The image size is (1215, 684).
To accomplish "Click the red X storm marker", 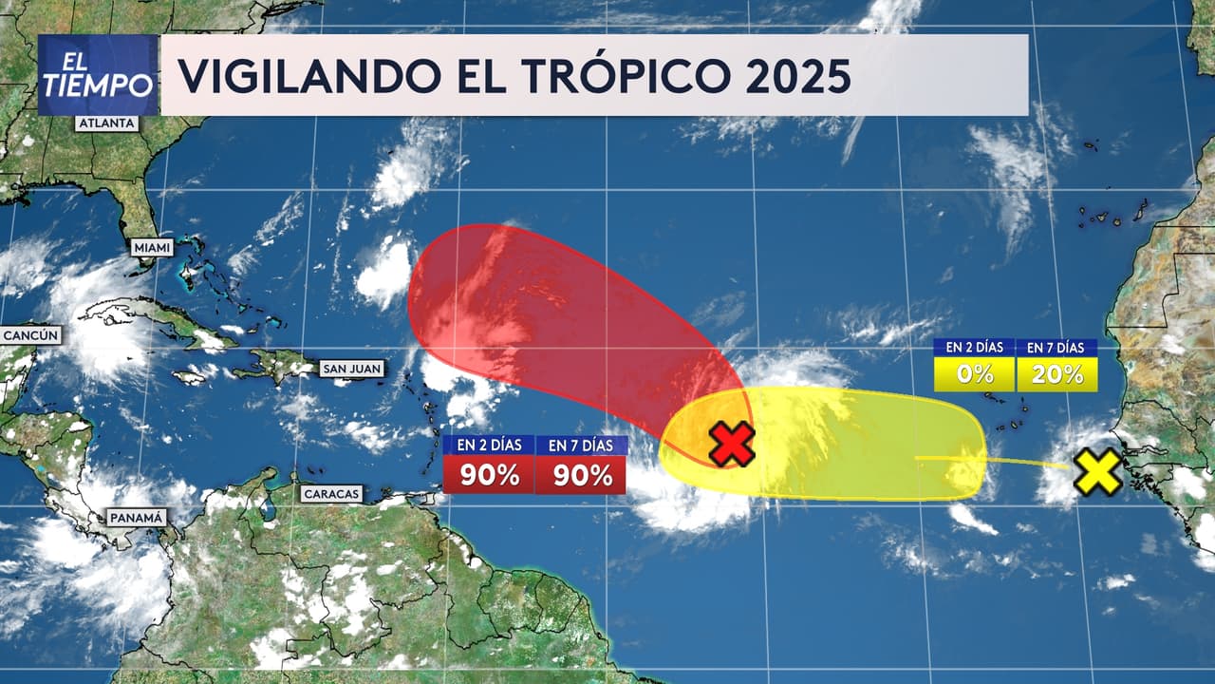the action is [732, 444].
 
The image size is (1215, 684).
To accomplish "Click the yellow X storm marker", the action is [1098, 472].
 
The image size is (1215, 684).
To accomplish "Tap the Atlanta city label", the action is [107, 123].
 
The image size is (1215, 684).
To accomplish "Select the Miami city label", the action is [153, 248].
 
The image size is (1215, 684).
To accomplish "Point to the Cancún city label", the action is [31, 334].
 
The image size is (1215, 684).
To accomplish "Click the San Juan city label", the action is [351, 368].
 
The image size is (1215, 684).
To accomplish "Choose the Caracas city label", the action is [332, 493].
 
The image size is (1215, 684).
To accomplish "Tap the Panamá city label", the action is [136, 518].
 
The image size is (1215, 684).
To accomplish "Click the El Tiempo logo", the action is [98, 75].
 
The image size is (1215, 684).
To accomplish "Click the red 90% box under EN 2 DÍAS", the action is [489, 475].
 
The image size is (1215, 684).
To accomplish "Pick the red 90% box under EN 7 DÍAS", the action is [581, 475].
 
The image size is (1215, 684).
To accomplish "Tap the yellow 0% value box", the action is [974, 374].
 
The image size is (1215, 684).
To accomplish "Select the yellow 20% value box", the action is [1057, 374].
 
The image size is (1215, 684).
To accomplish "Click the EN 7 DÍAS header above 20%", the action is [1057, 348].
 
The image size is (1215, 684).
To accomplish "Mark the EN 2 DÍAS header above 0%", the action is [974, 348].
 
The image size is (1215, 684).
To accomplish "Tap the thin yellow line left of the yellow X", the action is [1025, 463].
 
